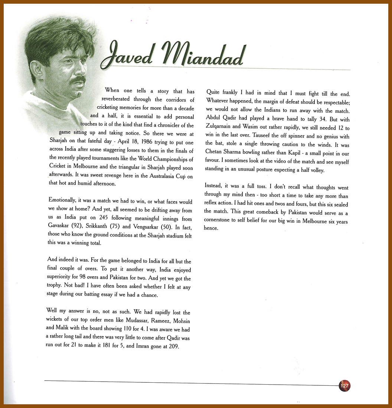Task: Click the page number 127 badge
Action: (344, 386)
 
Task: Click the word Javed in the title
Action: (128, 54)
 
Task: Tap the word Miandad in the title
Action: (202, 54)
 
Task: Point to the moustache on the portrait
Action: (78, 80)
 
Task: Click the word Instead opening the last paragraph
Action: (213, 187)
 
